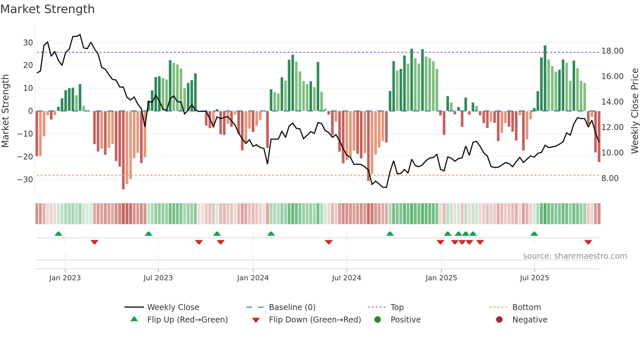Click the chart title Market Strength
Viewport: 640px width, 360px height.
click(x=47, y=9)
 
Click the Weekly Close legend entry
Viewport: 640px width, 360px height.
click(x=173, y=307)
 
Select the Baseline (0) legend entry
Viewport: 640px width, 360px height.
click(x=292, y=307)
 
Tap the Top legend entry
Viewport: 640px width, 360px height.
click(x=397, y=307)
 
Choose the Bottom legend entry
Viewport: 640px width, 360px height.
click(x=526, y=307)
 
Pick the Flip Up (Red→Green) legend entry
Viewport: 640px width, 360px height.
click(x=187, y=319)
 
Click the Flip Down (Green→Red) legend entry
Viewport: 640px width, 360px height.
click(x=315, y=319)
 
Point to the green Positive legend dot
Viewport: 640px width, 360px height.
click(x=378, y=319)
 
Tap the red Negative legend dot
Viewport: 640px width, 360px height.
click(x=499, y=319)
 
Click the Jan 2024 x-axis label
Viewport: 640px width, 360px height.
click(x=253, y=278)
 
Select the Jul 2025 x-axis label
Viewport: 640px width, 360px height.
click(x=535, y=278)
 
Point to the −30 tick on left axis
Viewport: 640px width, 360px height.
click(x=25, y=179)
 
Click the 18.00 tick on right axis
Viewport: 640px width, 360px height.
click(x=612, y=51)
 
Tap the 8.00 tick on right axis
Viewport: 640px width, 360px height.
click(x=610, y=178)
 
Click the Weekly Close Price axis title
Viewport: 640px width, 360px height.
click(x=634, y=111)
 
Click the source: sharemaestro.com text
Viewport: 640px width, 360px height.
click(x=575, y=256)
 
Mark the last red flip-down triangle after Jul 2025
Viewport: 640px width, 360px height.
click(x=588, y=242)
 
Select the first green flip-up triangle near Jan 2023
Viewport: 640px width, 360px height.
click(x=58, y=234)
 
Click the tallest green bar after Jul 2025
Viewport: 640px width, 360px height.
click(x=545, y=78)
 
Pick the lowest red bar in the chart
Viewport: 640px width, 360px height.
click(x=123, y=150)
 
